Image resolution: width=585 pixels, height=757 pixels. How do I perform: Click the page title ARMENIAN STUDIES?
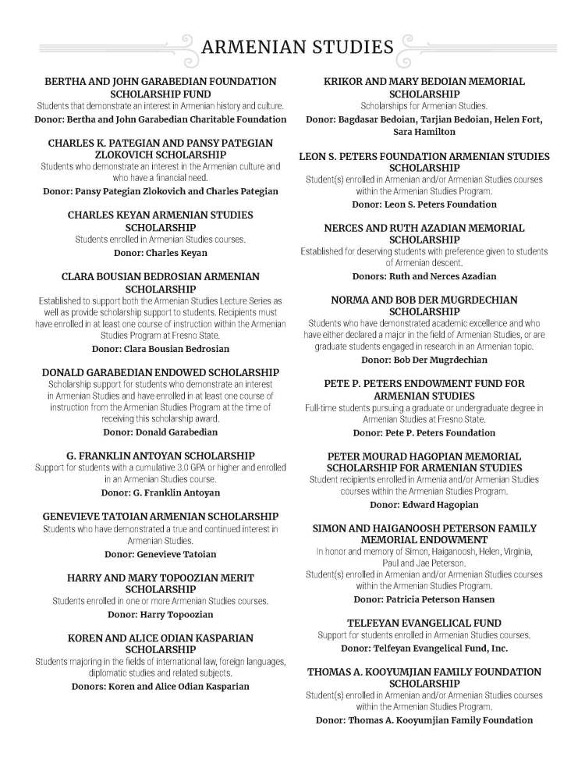297,48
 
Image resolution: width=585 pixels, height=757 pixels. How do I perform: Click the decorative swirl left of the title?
185,48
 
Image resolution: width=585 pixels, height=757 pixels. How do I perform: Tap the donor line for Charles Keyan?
160,253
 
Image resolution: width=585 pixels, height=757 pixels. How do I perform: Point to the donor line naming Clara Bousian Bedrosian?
160,349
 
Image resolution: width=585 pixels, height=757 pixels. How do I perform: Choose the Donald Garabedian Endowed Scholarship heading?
160,372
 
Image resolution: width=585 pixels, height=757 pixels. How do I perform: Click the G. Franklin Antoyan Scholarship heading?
160,456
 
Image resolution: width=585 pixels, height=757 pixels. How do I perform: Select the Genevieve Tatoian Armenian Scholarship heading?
160,517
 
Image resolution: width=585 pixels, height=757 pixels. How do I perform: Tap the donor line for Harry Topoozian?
160,614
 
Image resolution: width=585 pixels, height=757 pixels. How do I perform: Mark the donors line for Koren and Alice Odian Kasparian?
160,687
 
